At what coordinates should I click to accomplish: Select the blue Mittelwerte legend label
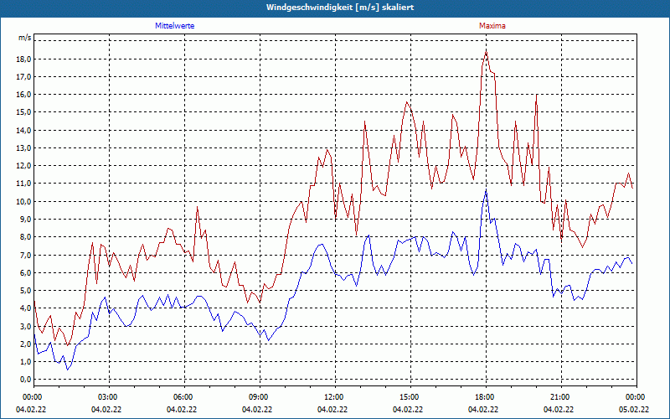pos(175,26)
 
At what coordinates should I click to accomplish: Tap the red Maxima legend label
pos(492,26)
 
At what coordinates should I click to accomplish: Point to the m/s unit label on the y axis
pos(24,38)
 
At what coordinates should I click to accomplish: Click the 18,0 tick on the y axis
pos(23,59)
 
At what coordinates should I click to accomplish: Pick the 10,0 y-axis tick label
pos(23,202)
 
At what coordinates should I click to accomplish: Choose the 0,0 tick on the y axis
pos(23,380)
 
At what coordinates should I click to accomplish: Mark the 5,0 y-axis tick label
pos(23,291)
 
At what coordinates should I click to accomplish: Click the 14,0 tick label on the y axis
pos(23,131)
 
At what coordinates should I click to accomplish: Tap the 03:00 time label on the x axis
pos(108,396)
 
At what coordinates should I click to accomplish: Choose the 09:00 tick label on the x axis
pos(258,396)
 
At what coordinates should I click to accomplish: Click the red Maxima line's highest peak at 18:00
pos(486,51)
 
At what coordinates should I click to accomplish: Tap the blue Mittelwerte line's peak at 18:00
pos(486,190)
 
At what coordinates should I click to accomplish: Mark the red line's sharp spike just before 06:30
pos(198,207)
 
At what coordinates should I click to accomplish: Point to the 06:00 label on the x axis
pos(183,396)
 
